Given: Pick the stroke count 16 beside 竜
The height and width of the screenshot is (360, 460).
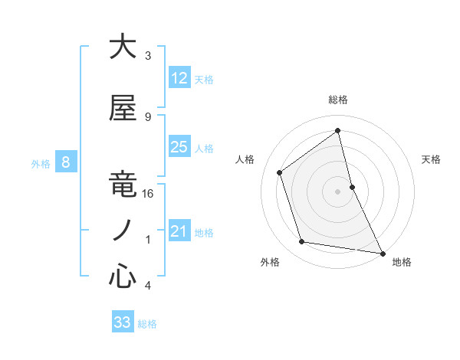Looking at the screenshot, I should pos(149,195).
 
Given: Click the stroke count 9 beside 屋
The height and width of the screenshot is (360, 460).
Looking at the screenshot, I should pos(148,117).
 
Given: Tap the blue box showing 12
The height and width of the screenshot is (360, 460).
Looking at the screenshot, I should pos(179,78).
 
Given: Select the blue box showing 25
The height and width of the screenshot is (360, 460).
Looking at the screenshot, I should pos(179,147).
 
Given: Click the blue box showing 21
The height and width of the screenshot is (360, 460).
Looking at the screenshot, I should pos(179,231).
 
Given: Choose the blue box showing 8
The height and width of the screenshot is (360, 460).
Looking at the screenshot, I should pos(66,162).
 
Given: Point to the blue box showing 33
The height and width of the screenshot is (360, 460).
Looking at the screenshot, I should pos(123,322).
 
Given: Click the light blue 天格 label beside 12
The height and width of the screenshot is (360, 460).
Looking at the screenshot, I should pos(204,80).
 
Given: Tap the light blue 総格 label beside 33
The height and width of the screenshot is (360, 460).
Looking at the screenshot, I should pos(147,324).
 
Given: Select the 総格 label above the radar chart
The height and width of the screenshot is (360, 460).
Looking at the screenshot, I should pos(338,100).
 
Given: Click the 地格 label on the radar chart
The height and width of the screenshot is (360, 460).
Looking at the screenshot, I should pos(402,262).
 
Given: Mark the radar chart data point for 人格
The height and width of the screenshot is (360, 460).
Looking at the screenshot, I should pos(280,172).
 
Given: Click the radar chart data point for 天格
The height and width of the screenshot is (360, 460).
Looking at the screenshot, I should pos(352,186).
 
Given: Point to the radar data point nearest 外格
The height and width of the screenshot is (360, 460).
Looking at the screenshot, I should pos(302,242).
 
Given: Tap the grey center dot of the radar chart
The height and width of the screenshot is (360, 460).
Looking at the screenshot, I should pos(338,191).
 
